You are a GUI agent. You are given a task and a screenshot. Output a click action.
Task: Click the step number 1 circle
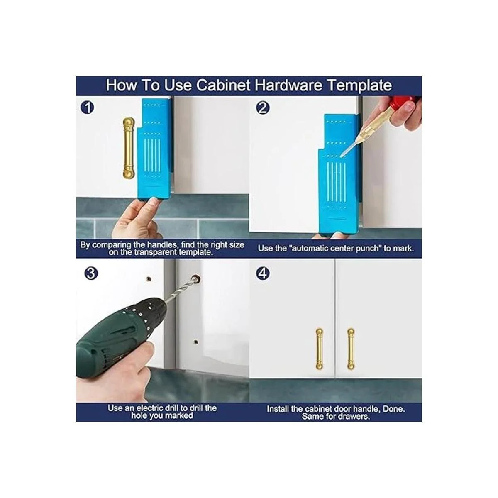[87, 107]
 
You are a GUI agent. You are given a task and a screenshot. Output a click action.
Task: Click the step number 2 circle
[262, 107]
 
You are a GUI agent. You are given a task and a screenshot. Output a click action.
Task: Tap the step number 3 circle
[91, 273]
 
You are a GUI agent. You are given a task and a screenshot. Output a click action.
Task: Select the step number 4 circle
[262, 273]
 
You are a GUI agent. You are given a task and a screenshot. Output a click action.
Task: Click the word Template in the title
[360, 85]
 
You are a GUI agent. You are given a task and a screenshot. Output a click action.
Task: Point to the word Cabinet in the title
[223, 85]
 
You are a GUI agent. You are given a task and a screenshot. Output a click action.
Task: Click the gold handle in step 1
[128, 148]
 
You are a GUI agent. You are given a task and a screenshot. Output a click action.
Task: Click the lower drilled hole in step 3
[196, 343]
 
